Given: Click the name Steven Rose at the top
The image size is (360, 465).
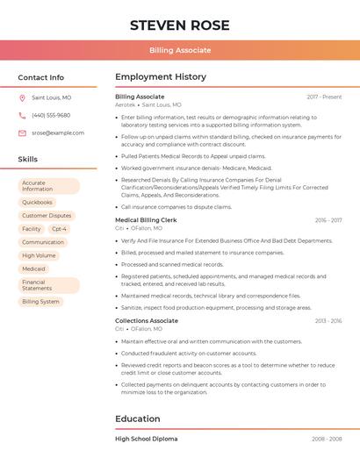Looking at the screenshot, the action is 180,25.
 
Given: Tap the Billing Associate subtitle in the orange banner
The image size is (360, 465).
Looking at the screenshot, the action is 180,50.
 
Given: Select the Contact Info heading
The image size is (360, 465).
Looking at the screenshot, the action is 41,77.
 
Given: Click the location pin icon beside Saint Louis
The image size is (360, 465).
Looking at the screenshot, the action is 22,98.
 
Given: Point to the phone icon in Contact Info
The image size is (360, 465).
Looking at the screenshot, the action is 22,116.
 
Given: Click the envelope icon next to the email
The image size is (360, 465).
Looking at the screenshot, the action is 22,133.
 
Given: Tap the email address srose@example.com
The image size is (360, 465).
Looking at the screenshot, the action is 58,133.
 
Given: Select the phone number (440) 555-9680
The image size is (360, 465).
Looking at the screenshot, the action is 51,116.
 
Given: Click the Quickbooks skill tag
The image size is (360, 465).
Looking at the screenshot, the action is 38,202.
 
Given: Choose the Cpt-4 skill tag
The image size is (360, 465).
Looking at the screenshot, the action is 59,229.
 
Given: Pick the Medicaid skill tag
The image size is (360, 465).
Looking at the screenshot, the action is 34,268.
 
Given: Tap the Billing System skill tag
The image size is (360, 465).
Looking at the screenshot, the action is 40,302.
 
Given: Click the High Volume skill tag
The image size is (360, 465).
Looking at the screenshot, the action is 39,255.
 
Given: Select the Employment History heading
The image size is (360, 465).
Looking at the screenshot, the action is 161,77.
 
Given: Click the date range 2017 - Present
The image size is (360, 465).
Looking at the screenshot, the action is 324,97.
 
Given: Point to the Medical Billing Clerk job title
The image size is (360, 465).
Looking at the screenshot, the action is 146,220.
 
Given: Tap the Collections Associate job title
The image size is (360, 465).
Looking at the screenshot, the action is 147,321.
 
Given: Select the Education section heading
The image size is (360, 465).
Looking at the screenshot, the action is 137,418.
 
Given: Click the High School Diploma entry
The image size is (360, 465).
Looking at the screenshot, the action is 147,439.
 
